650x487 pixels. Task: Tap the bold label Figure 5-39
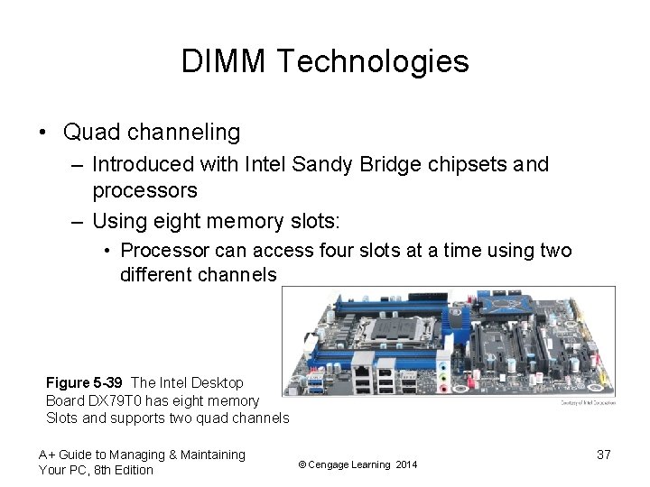pos(85,383)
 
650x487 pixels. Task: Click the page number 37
pos(604,455)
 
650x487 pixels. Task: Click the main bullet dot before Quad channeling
pos(43,133)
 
